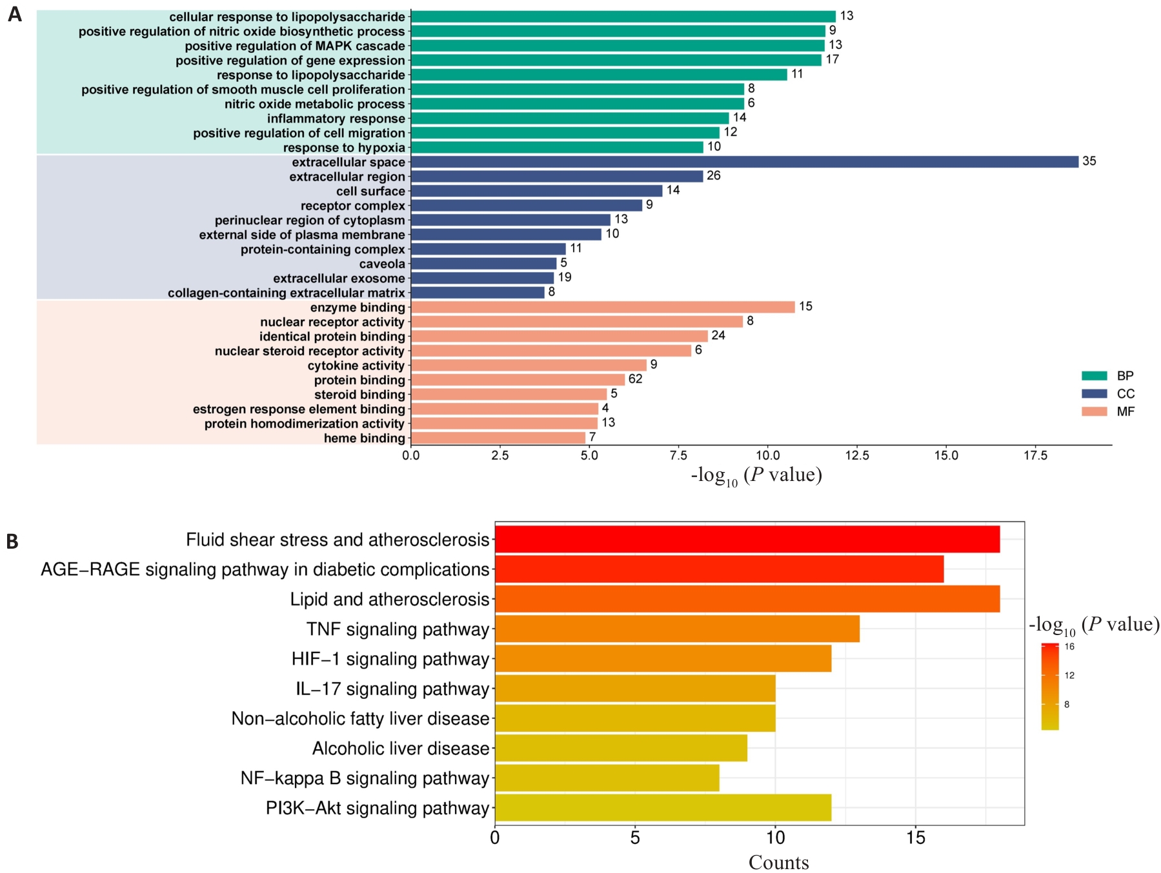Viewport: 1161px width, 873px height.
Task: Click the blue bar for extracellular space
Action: click(x=744, y=162)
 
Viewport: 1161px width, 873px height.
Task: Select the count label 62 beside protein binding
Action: click(x=635, y=379)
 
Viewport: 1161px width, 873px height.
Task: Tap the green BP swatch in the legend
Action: click(x=1094, y=376)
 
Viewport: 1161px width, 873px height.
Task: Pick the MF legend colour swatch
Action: click(x=1094, y=411)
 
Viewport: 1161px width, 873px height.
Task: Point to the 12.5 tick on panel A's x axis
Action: click(x=856, y=456)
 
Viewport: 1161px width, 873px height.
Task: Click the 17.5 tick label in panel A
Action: click(x=1035, y=456)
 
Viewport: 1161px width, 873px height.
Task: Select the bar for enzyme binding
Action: click(x=603, y=308)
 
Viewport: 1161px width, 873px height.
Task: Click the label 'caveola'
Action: click(x=382, y=264)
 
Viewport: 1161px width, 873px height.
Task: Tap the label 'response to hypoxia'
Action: click(x=344, y=148)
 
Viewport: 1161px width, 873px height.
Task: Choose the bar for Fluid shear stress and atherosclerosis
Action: click(x=747, y=539)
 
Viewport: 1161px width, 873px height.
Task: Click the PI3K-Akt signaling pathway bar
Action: click(x=663, y=808)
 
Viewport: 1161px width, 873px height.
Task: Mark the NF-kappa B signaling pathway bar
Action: click(x=607, y=778)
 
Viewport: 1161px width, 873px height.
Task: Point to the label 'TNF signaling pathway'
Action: click(x=398, y=629)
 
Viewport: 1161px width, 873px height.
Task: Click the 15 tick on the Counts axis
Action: click(x=915, y=838)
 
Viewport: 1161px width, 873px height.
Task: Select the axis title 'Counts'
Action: click(x=778, y=863)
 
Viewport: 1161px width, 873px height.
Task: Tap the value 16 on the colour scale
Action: click(x=1069, y=647)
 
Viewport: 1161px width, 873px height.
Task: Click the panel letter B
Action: click(x=12, y=542)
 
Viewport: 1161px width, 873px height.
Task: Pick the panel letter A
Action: click(x=14, y=14)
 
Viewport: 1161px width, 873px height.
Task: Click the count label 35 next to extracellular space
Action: click(x=1089, y=161)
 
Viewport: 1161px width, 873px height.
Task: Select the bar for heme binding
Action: click(x=498, y=438)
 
